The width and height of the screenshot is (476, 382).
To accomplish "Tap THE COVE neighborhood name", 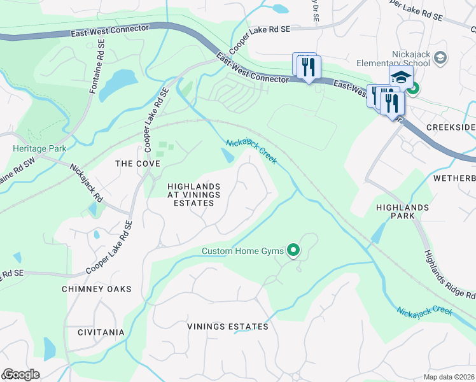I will click(x=133, y=164).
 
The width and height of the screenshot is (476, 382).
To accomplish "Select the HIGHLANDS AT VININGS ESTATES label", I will click(x=190, y=195).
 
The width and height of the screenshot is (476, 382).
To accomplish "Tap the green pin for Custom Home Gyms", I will click(x=293, y=251).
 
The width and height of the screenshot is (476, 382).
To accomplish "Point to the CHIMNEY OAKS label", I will click(x=96, y=289).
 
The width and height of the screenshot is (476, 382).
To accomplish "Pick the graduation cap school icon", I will click(x=401, y=78).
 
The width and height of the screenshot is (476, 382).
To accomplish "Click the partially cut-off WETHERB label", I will click(x=454, y=178).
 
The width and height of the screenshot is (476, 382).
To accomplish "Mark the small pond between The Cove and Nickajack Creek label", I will click(x=228, y=155).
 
